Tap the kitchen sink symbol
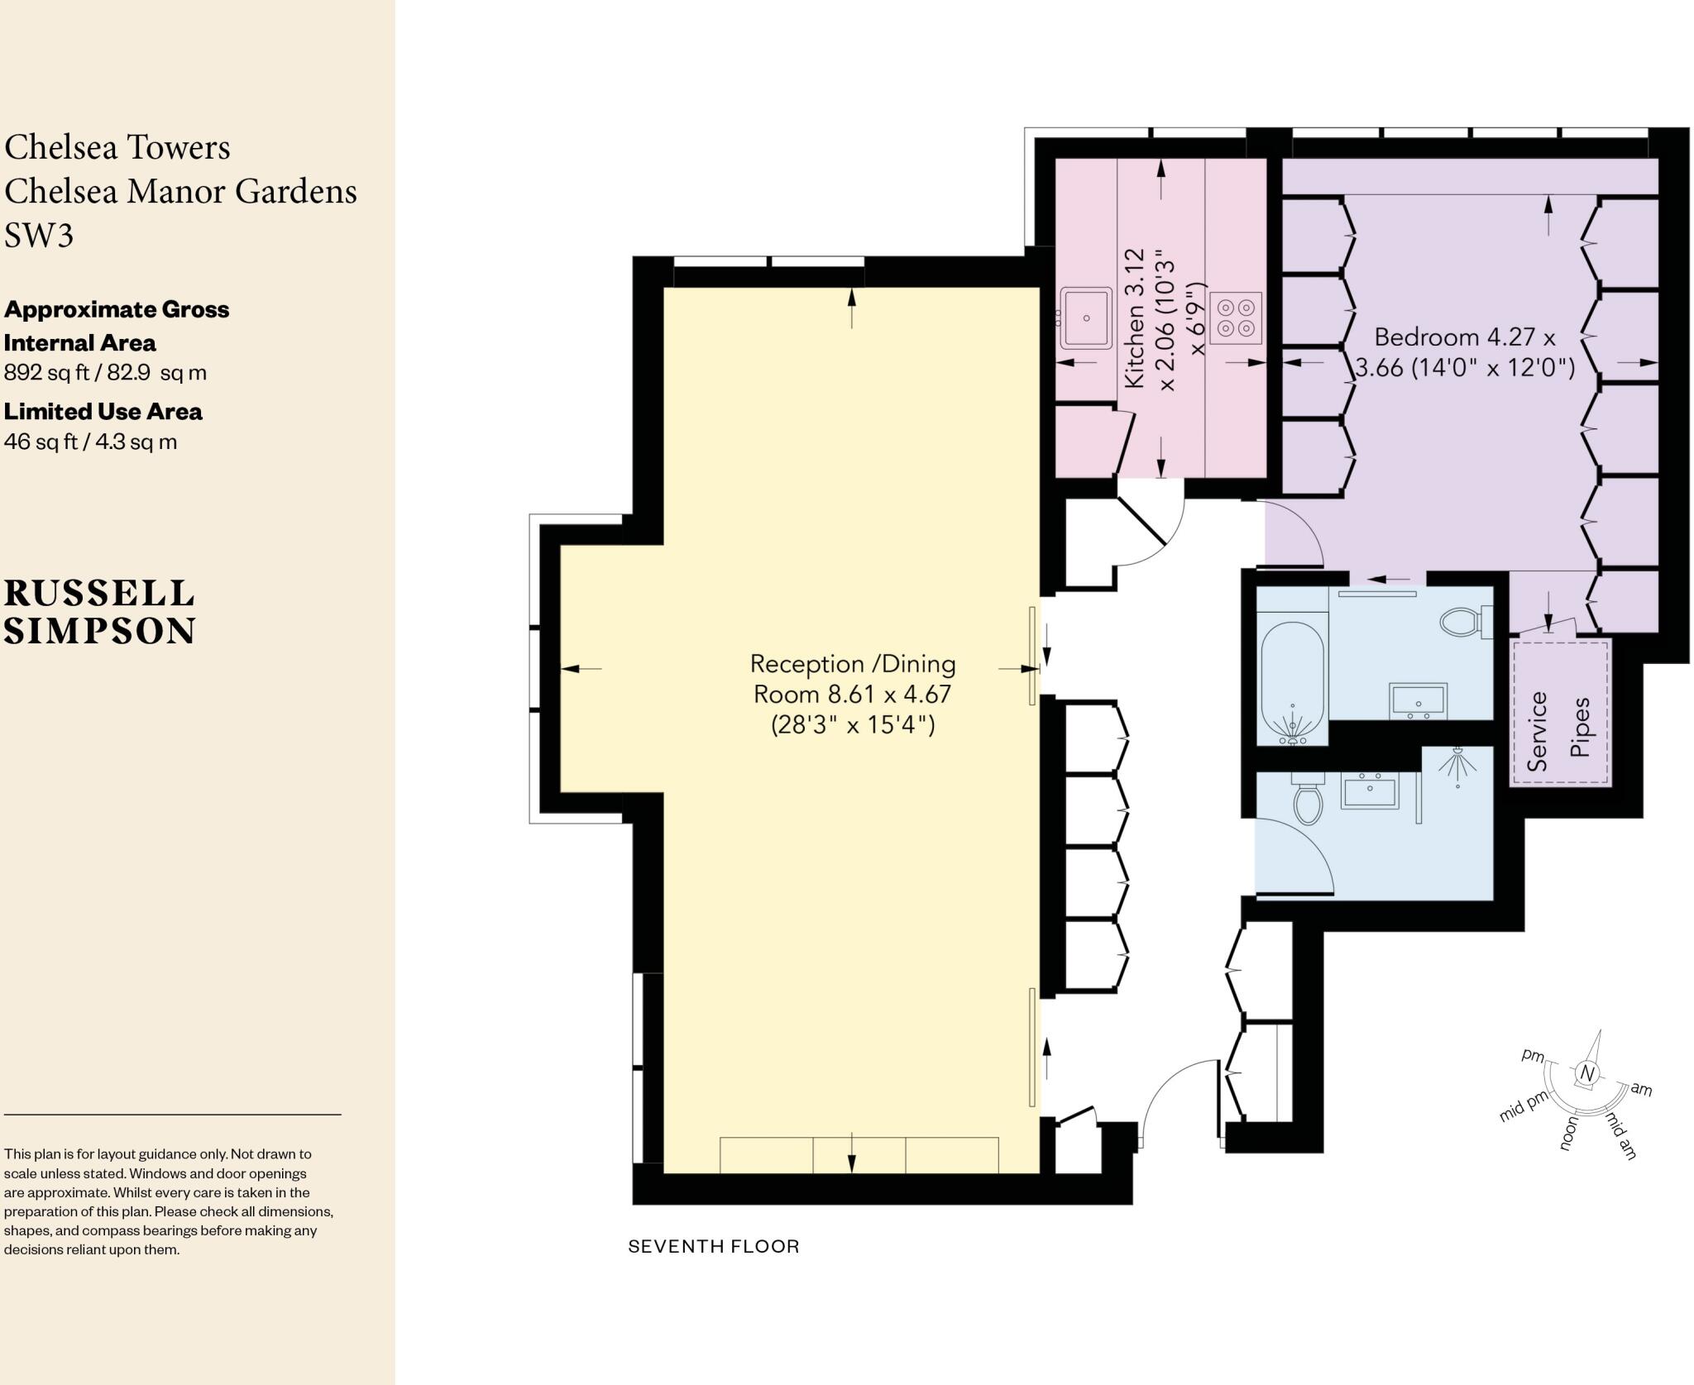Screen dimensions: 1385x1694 click(1086, 318)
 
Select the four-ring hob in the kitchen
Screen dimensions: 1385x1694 click(1236, 318)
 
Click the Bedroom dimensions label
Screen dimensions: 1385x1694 click(1464, 352)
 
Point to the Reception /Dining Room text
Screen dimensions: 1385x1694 click(852, 693)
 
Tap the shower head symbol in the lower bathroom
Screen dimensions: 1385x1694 click(1457, 764)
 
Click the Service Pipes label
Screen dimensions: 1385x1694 click(1558, 731)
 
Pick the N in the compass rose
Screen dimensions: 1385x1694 click(1586, 1073)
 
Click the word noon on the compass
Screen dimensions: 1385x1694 click(1568, 1132)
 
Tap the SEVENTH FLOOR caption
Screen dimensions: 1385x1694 click(713, 1246)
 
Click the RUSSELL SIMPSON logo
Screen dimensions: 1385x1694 click(99, 612)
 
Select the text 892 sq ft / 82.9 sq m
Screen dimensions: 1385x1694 click(105, 373)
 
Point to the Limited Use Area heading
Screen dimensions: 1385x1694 click(103, 411)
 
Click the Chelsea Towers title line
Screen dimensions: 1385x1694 click(117, 147)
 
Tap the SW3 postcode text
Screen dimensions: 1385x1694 click(39, 235)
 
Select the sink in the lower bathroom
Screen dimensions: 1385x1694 click(1369, 792)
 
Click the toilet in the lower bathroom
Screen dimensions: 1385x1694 click(1308, 800)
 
